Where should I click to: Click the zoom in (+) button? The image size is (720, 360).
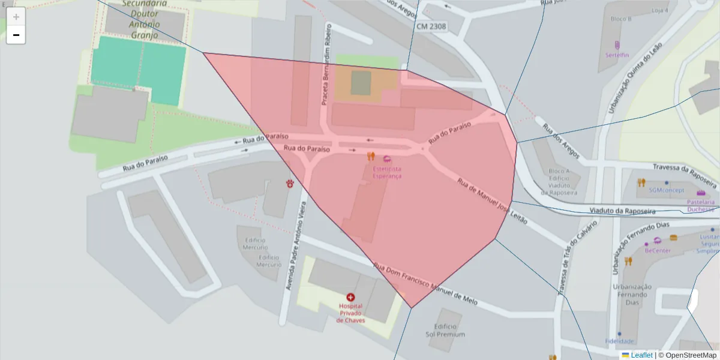point(16,17)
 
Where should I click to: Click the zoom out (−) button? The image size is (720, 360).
point(16,35)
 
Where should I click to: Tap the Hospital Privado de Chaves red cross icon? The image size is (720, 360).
point(350,297)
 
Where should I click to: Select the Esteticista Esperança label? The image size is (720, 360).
point(387,173)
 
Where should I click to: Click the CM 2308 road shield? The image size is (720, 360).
point(431,26)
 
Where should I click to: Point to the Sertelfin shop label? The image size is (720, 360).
point(617,55)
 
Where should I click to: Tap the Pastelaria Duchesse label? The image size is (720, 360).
point(701,206)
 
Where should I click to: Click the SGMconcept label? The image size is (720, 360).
point(666,190)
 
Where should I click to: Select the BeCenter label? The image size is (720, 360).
point(658,250)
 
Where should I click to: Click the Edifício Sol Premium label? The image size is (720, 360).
point(445,329)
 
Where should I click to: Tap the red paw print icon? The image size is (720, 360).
point(291,183)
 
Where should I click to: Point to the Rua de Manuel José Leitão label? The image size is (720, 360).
point(492,201)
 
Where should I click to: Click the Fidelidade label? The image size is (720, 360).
point(619,341)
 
